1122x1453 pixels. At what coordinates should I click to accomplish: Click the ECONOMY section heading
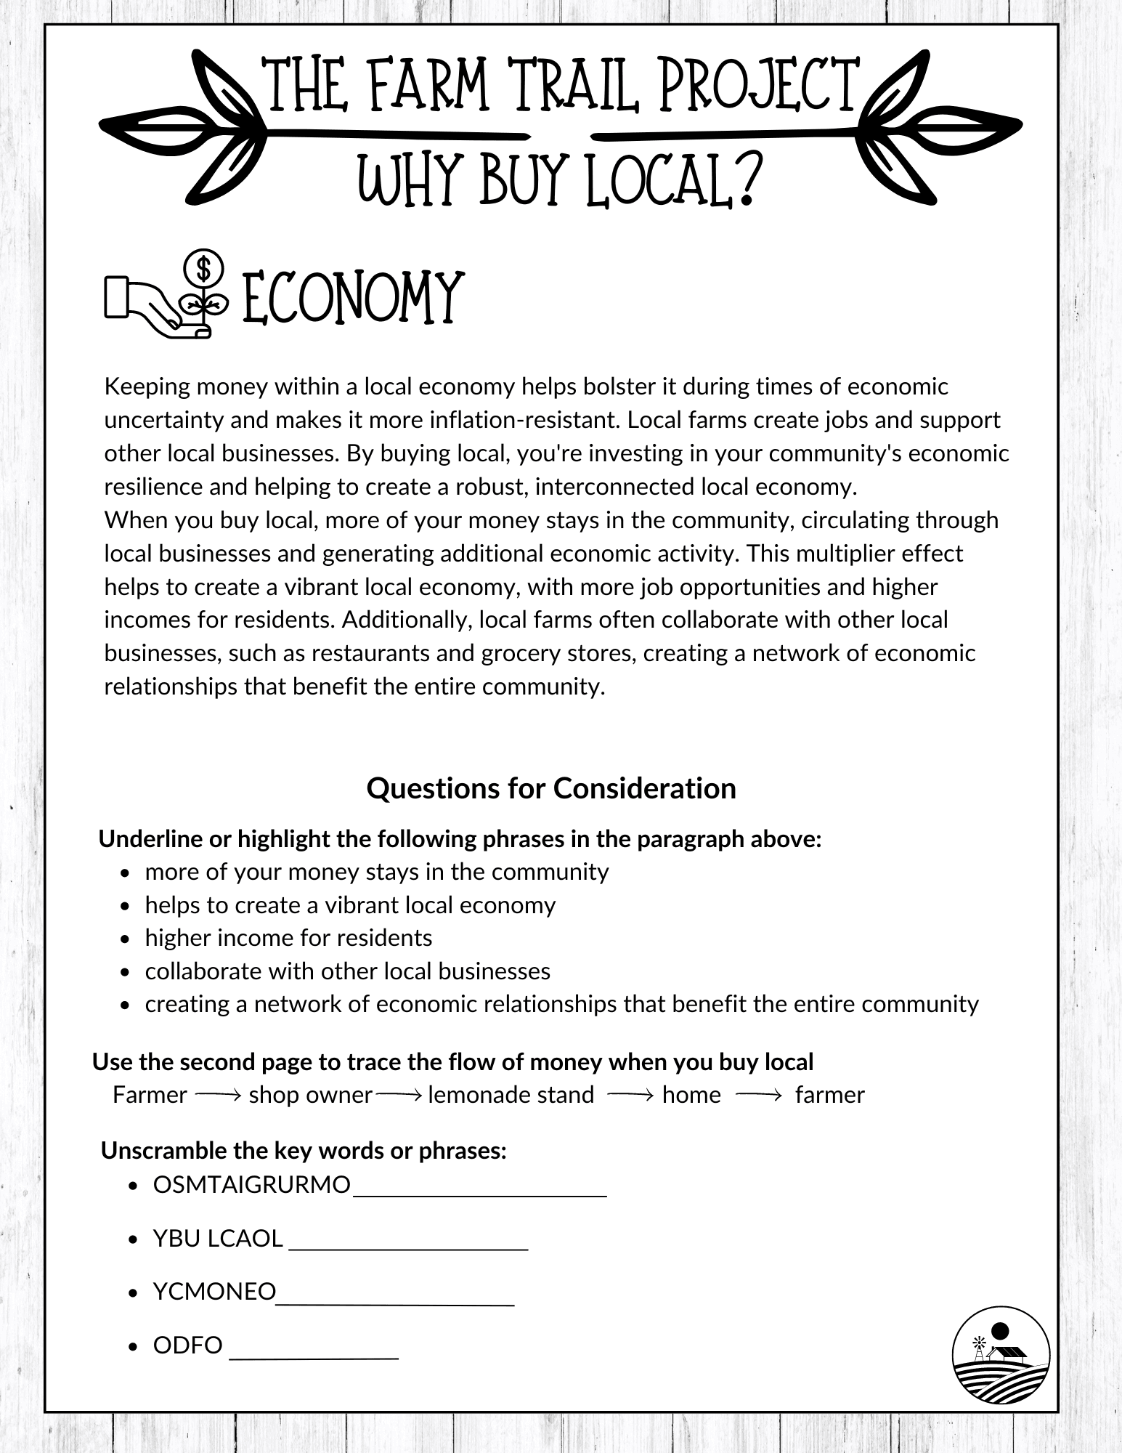351,298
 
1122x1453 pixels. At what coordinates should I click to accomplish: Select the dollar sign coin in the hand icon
203,269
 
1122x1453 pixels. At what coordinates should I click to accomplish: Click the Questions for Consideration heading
551,788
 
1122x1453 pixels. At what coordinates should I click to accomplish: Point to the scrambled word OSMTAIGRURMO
251,1185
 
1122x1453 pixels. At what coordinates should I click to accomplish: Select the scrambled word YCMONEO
214,1291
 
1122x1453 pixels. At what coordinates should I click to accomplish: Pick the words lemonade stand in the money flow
511,1095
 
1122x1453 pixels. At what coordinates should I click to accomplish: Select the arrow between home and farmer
758,1095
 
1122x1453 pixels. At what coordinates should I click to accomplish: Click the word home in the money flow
691,1095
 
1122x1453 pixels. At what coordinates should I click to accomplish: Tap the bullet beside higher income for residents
126,939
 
